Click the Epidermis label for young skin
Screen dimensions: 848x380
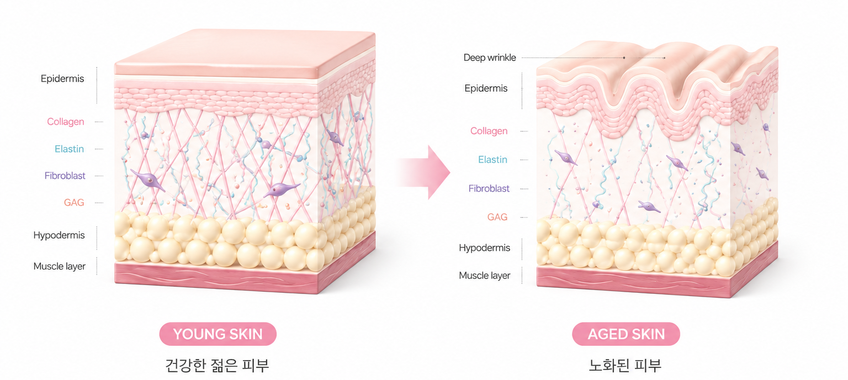pos(62,79)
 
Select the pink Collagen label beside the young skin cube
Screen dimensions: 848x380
pos(66,122)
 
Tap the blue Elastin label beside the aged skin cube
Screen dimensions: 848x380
pos(492,160)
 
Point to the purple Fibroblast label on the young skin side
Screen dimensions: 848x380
pos(65,176)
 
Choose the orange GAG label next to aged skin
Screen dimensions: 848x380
pos(497,217)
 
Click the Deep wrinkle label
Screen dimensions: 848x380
pos(490,57)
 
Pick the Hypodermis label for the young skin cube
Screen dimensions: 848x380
pos(59,235)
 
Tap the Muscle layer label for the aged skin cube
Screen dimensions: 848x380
pos(485,276)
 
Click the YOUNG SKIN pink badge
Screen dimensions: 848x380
pos(218,334)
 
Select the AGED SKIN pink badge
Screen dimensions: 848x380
pos(626,334)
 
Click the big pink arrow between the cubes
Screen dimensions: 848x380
pos(423,172)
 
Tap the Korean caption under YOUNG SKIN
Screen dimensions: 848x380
pos(218,365)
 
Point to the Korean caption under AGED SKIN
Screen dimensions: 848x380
pos(625,365)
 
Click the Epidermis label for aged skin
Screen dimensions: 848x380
pos(486,88)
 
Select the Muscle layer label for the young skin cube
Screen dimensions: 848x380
pos(60,266)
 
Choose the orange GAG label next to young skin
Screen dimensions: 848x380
pos(74,202)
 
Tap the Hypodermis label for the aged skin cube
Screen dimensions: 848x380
pos(485,248)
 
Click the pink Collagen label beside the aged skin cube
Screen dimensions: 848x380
pos(489,131)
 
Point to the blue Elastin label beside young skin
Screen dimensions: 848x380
pos(69,149)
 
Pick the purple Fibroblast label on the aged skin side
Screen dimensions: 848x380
pos(489,189)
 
